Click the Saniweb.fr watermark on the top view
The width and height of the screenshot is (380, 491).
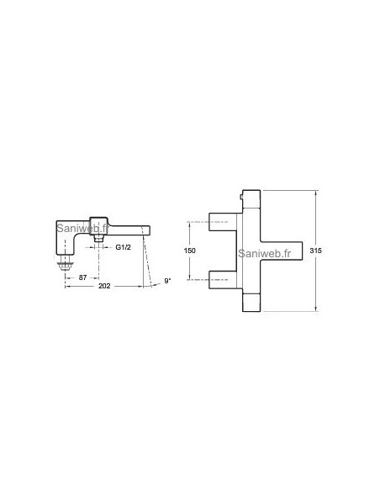tap(267, 250)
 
